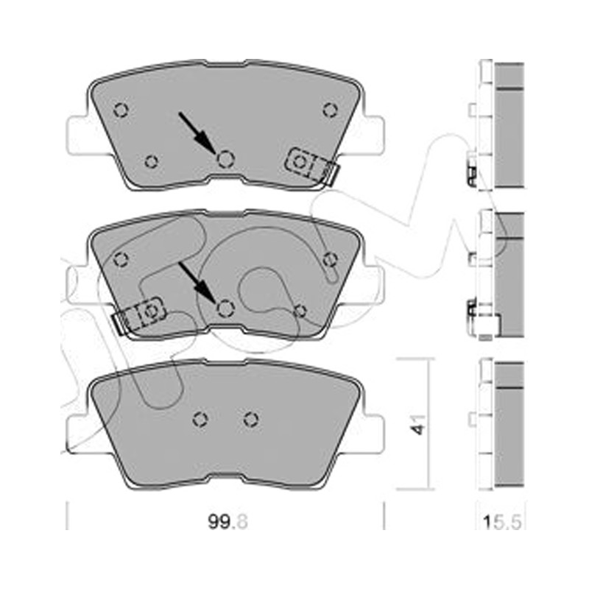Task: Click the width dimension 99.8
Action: pos(228,522)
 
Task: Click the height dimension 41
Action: pos(418,425)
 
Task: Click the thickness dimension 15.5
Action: pos(502,523)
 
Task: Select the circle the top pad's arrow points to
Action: pos(226,158)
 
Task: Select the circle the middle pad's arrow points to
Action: pos(226,308)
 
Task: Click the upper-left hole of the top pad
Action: pos(121,110)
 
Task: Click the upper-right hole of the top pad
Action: pos(330,110)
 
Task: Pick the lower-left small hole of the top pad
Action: pos(152,162)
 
